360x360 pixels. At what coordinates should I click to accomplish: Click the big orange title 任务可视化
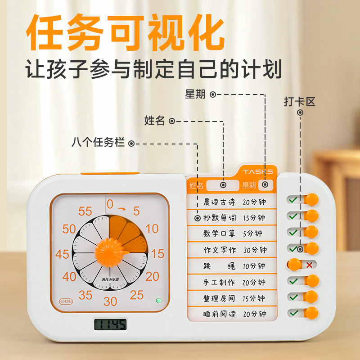pyautogui.click(x=125, y=34)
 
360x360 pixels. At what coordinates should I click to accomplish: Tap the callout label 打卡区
pyautogui.click(x=299, y=101)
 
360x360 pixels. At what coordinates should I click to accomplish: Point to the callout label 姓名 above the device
pyautogui.click(x=154, y=121)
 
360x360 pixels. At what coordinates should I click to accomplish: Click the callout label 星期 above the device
pyautogui.click(x=195, y=94)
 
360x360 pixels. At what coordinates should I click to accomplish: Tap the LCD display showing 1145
pyautogui.click(x=110, y=324)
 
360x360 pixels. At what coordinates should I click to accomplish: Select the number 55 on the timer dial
pyautogui.click(x=85, y=211)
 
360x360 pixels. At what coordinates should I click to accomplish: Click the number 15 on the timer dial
pyautogui.click(x=158, y=254)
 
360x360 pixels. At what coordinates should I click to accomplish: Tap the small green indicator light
pyautogui.click(x=158, y=301)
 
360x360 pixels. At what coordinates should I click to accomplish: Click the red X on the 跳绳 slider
pyautogui.click(x=309, y=265)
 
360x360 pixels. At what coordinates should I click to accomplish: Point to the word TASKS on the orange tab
pyautogui.click(x=258, y=172)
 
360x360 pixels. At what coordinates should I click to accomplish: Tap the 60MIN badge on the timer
pyautogui.click(x=66, y=301)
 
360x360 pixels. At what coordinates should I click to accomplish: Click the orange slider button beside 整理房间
pyautogui.click(x=311, y=297)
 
